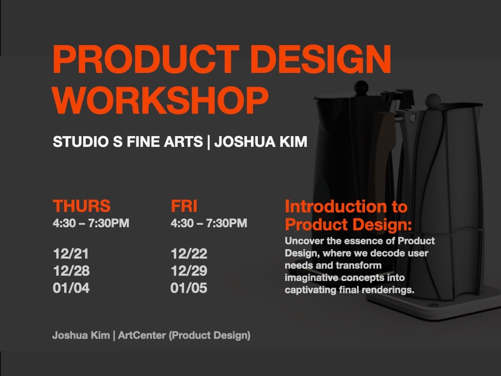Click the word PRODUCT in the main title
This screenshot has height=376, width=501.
(x=146, y=59)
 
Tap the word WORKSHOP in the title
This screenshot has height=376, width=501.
(x=160, y=100)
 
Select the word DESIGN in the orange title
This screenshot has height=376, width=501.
(x=321, y=59)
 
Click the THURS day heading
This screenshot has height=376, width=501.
(x=82, y=206)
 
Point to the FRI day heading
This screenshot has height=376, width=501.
(x=184, y=206)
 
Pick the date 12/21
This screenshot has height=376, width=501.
(x=71, y=254)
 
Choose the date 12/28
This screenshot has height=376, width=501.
(x=71, y=271)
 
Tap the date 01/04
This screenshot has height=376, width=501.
(x=71, y=288)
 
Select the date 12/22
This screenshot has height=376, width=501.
(x=189, y=254)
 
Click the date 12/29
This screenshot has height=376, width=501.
(x=189, y=271)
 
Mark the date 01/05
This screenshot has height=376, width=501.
(x=189, y=288)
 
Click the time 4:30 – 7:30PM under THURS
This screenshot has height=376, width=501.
(x=91, y=223)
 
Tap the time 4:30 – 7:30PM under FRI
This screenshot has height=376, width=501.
(x=209, y=223)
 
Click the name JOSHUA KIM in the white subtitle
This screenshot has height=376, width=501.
(x=261, y=141)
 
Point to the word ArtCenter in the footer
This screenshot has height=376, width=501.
(x=142, y=335)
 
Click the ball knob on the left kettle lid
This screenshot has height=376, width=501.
(x=361, y=87)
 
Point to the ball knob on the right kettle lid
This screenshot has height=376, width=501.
(x=433, y=100)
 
